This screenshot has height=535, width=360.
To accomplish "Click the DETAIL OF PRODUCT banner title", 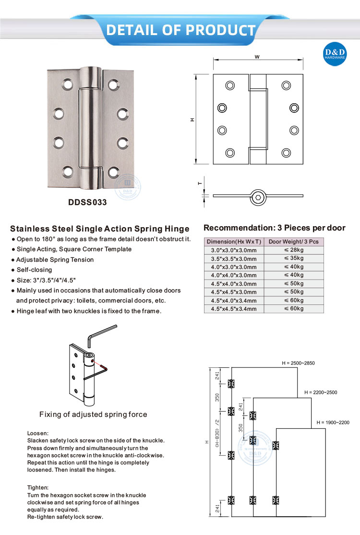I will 180,30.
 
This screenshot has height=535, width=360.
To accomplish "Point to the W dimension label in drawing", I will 257,57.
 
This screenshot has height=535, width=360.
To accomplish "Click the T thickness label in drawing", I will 200,183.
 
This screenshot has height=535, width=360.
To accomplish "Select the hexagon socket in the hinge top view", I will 258,196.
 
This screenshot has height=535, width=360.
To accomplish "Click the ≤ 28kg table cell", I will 294,250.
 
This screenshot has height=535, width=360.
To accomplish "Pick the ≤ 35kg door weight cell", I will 294,258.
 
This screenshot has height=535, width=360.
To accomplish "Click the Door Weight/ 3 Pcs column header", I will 294,242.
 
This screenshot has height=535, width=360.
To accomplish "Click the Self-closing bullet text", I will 34,270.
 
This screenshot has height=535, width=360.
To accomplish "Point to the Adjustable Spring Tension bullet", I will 55,259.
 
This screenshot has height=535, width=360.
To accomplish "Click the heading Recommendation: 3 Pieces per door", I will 274,228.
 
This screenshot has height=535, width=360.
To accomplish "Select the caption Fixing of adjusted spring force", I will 93,414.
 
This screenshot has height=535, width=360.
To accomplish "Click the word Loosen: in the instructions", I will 38,433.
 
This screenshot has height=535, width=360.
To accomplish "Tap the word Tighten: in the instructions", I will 38,487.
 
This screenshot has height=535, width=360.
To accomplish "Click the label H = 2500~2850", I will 298,363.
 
